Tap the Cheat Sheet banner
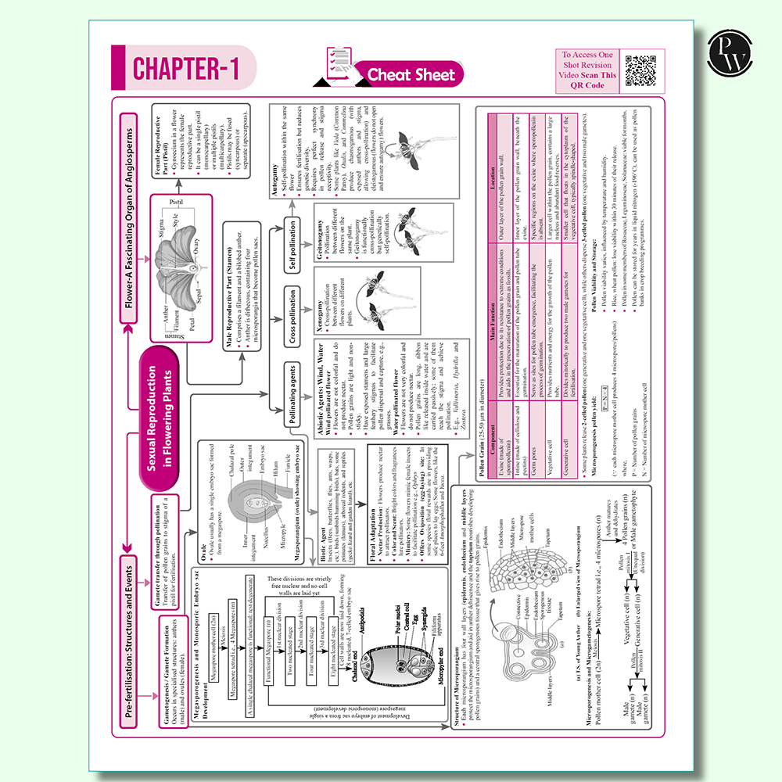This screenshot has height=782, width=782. pos(411,74)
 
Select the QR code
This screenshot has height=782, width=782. pos(639,70)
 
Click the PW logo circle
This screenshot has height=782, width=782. pos(728,56)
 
